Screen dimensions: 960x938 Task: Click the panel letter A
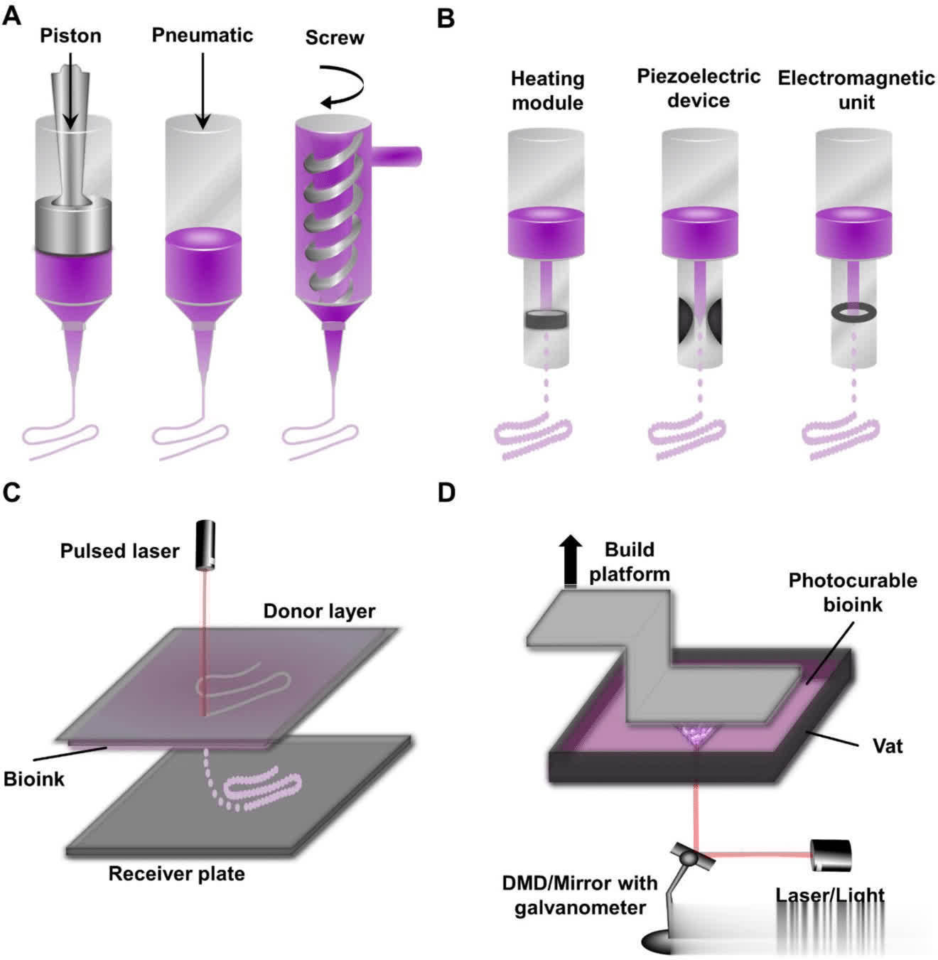pos(12,15)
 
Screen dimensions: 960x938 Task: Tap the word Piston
pos(70,36)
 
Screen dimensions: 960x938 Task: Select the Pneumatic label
pos(203,35)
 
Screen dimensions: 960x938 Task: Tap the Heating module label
pos(547,90)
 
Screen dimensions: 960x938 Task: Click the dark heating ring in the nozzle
pos(546,320)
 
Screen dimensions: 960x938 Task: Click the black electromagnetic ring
pos(853,312)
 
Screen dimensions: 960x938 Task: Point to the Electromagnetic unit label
pos(856,90)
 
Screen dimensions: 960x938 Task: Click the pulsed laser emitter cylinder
pos(207,545)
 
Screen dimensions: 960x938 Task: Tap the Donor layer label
pos(319,611)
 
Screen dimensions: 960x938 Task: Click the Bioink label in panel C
pos(33,779)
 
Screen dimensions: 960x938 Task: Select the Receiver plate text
pos(176,873)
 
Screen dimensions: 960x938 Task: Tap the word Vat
pos(888,745)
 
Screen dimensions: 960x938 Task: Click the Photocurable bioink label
pos(853,592)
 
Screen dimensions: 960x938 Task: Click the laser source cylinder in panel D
pos(831,856)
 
